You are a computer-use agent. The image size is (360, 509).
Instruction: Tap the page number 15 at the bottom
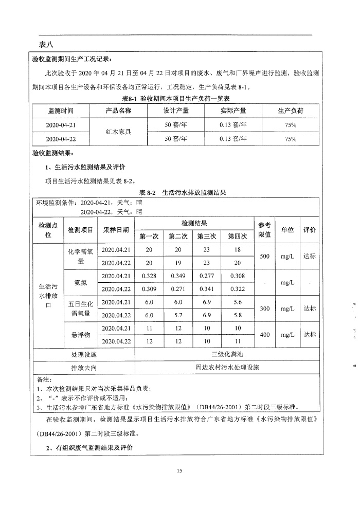(179, 470)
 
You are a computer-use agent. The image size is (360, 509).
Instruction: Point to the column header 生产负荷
(291, 111)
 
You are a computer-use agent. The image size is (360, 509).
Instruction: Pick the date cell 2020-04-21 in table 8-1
(61, 124)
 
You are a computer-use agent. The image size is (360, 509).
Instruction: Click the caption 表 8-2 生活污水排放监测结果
(183, 193)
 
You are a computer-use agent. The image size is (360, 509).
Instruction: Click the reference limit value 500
(264, 256)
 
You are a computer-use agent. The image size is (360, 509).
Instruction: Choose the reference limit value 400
(264, 335)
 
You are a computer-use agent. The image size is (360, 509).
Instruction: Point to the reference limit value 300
(264, 308)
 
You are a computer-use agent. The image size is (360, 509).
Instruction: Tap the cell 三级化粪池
(228, 355)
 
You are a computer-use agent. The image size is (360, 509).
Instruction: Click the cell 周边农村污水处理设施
(228, 368)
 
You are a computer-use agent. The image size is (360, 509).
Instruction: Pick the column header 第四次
(237, 236)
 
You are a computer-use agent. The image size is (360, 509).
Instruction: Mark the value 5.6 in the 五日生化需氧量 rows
(237, 302)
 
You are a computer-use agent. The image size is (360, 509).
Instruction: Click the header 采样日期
(116, 230)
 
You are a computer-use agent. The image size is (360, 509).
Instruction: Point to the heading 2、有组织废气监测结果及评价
(89, 448)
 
